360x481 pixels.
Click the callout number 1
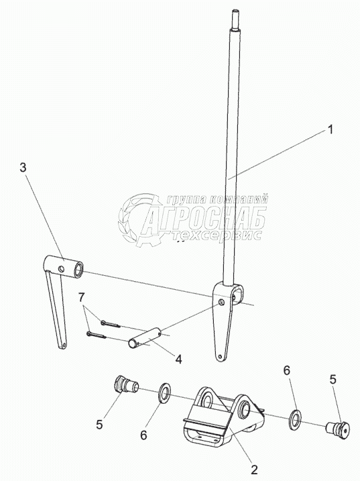[x=330, y=129]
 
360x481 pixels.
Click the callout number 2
[x=254, y=470]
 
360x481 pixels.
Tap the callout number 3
[x=23, y=168]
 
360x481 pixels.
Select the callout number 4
[x=178, y=359]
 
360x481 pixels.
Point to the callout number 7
[x=80, y=297]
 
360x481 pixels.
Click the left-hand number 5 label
[x=100, y=424]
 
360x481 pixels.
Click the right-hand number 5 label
[x=333, y=379]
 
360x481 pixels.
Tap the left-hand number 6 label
[x=144, y=435]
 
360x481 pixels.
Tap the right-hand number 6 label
[x=286, y=370]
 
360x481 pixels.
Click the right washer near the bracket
[x=295, y=419]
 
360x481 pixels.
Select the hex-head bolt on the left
[x=126, y=384]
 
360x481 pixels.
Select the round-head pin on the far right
[x=339, y=429]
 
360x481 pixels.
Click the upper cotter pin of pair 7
[x=110, y=323]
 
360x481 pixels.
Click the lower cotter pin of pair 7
[x=97, y=335]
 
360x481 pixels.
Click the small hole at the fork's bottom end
[x=220, y=357]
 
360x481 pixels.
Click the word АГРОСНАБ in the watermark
[x=203, y=218]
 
